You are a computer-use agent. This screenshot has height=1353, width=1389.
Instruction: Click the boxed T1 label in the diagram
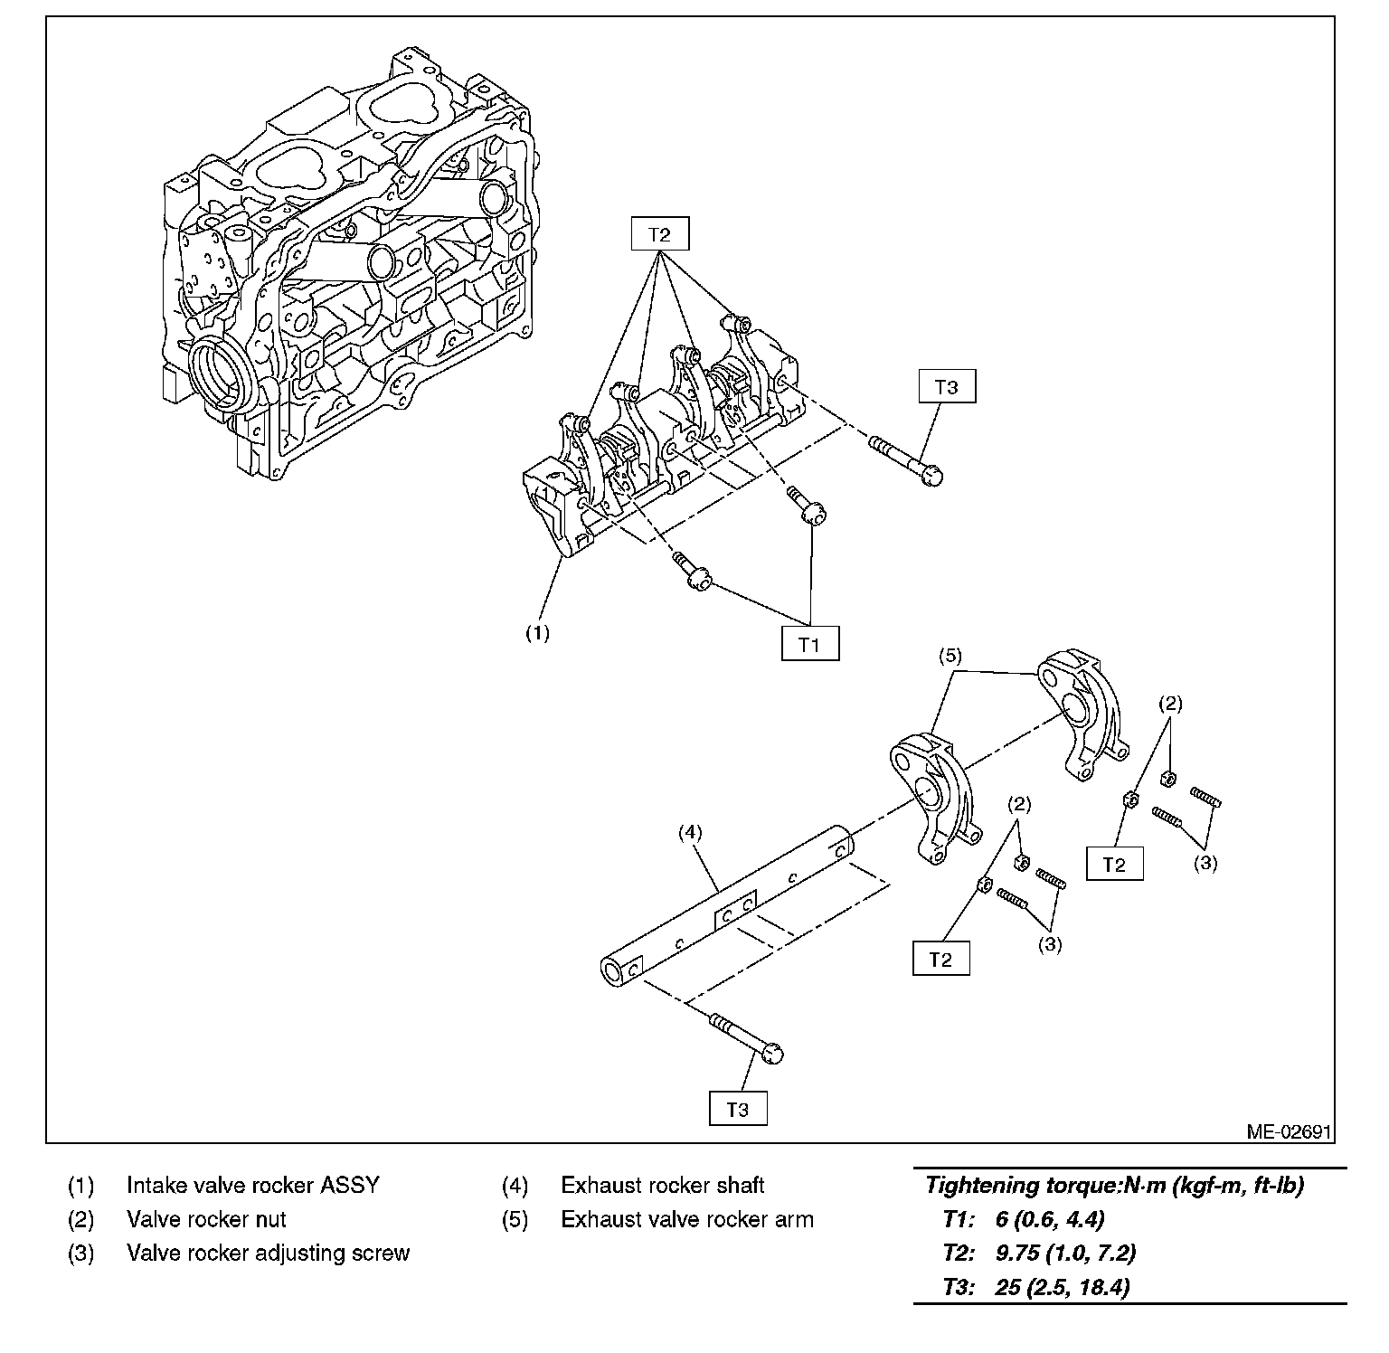809,644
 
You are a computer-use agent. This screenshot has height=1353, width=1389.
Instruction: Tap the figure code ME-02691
1289,1131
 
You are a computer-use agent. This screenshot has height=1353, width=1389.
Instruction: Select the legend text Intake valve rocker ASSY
252,1185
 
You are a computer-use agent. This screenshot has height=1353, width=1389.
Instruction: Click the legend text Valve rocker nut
206,1219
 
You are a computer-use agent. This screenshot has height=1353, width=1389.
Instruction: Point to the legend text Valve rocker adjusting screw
268,1253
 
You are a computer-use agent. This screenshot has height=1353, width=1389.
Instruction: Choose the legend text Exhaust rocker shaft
662,1185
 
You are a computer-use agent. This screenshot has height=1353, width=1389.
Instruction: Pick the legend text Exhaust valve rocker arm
686,1219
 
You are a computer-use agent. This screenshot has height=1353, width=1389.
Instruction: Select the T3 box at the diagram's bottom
737,1109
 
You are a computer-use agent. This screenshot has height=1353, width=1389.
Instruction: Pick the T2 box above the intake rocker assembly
659,234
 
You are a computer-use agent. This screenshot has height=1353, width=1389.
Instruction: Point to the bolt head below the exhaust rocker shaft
772,1053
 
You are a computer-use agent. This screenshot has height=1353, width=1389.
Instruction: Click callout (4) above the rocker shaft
690,833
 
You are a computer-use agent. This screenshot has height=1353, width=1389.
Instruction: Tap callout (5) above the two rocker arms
950,656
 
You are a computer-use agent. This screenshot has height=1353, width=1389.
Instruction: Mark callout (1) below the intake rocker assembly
538,633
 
